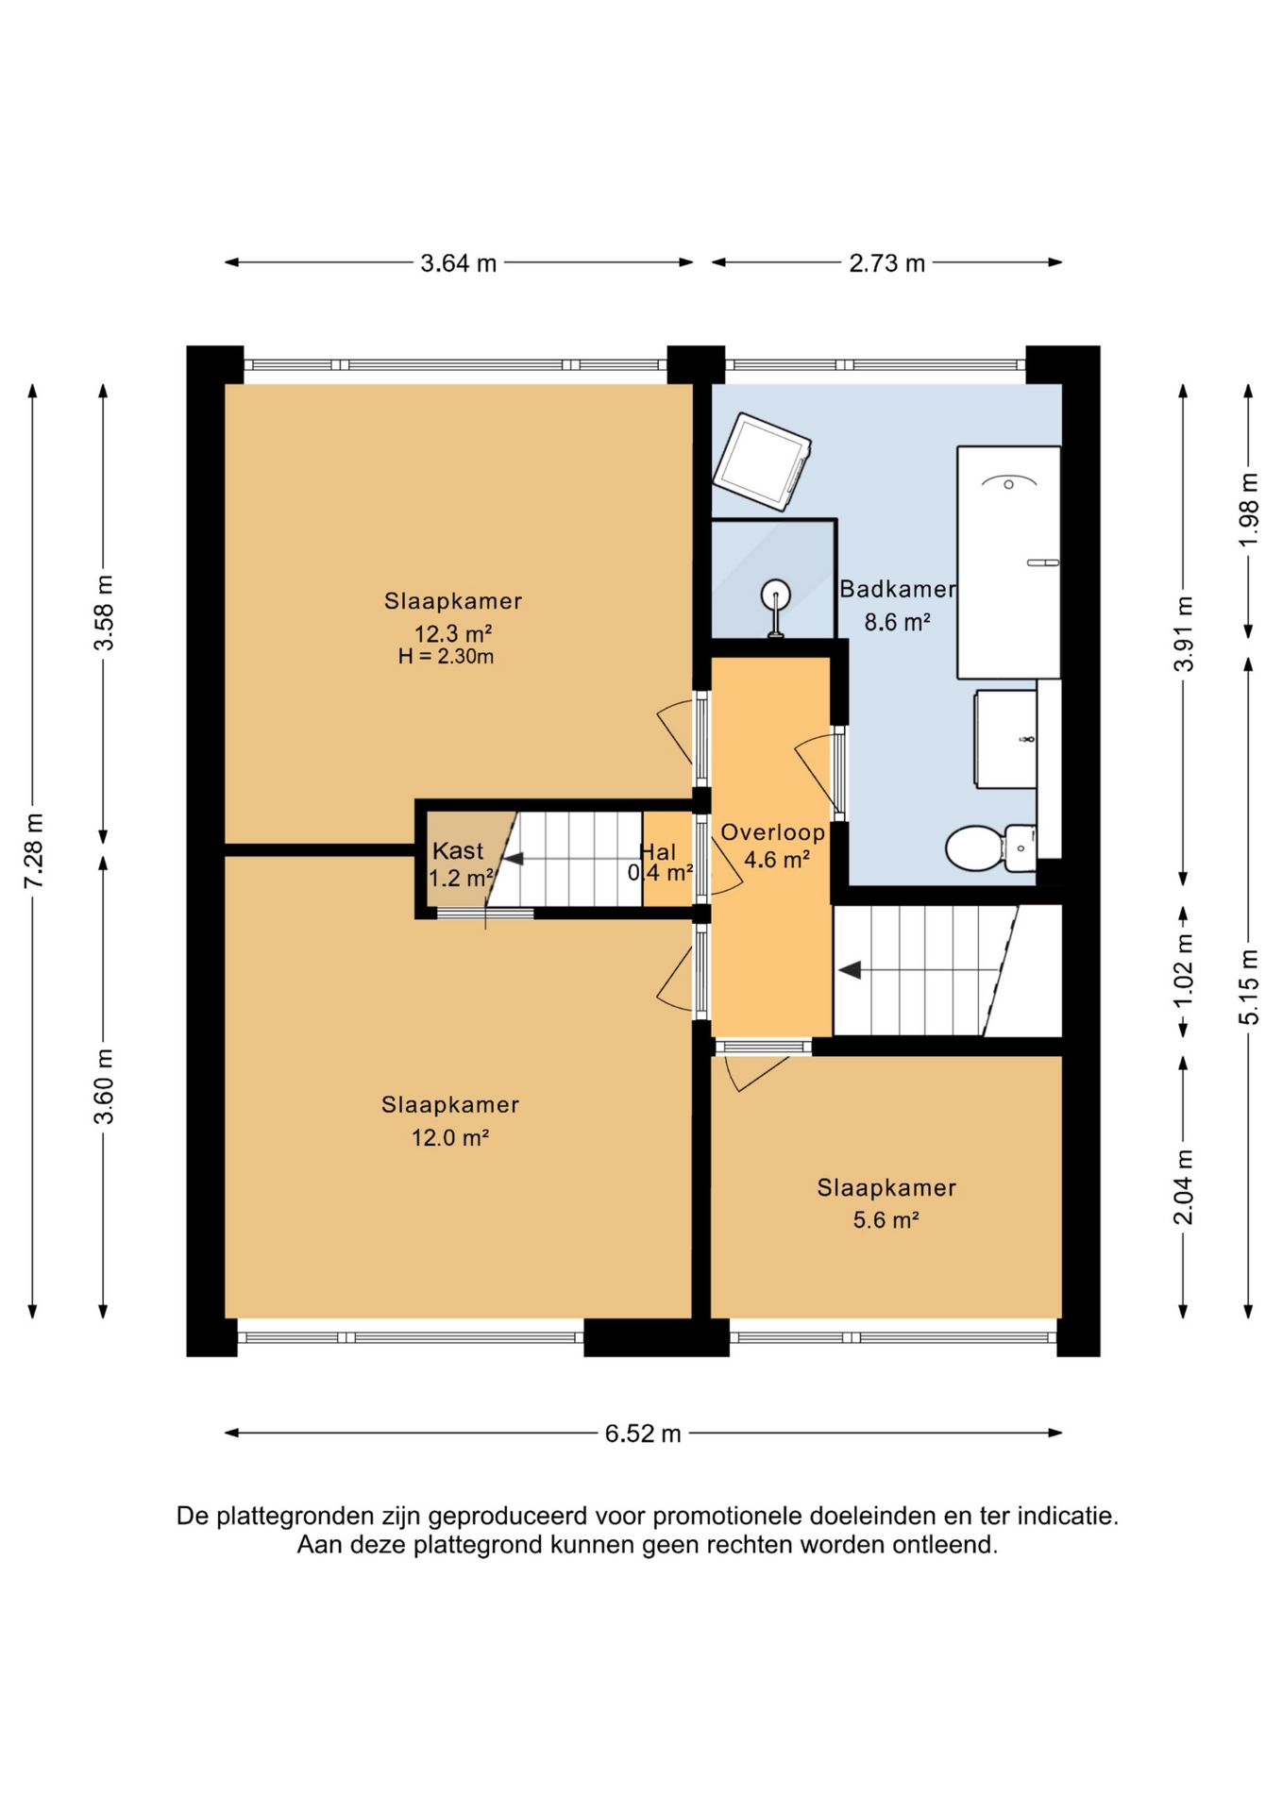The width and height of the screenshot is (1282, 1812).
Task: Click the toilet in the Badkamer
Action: pos(990,847)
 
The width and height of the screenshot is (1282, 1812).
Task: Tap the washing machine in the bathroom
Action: pos(763,461)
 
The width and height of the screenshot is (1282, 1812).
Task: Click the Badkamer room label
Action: pos(898,589)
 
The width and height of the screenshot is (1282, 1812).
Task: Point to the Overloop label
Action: pos(773,832)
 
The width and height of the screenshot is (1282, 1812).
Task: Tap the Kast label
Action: pos(458,850)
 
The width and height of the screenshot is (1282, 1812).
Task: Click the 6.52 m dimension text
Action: pos(643,1434)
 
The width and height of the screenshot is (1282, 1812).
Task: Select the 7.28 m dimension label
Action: pos(34,850)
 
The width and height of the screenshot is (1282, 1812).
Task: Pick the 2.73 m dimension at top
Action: pos(886,263)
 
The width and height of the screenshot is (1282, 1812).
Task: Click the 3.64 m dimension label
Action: pos(458,263)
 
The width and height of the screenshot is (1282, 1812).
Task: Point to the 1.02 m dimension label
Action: pos(1184,970)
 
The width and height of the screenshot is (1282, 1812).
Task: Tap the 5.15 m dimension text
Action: pos(1249,987)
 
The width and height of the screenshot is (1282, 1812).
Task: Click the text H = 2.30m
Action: pos(446,657)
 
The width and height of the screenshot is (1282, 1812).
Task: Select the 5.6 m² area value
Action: pos(886,1220)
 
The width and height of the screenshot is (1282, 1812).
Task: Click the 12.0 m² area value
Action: pos(449,1138)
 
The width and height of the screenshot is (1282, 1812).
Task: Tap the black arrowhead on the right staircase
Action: pos(850,969)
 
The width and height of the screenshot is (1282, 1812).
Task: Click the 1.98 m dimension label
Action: pos(1249,510)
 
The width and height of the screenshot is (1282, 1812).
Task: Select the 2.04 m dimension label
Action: pos(1184,1186)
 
